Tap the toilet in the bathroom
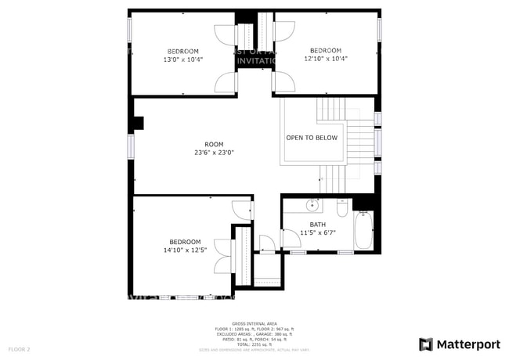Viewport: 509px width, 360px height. [x=342, y=208]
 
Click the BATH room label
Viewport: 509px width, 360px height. [x=318, y=225]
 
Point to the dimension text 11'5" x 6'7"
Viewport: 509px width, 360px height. [x=318, y=232]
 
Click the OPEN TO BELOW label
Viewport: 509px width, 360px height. [x=312, y=138]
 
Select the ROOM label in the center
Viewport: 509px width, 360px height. [x=214, y=144]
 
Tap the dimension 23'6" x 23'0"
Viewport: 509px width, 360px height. [x=214, y=153]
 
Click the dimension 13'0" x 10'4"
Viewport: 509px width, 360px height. [x=183, y=59]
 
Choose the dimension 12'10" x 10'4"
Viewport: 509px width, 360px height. [x=325, y=59]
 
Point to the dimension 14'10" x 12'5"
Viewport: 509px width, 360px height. [x=185, y=250]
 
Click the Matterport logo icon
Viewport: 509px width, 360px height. [x=426, y=344]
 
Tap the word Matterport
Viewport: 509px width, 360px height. [x=468, y=344]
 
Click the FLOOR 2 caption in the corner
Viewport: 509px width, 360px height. [x=20, y=348]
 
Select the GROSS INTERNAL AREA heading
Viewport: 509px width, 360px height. [x=254, y=322]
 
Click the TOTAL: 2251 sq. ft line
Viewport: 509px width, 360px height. [x=254, y=344]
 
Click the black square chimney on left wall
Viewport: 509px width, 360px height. [x=139, y=123]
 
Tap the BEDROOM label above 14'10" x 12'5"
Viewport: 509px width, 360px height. [x=185, y=242]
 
